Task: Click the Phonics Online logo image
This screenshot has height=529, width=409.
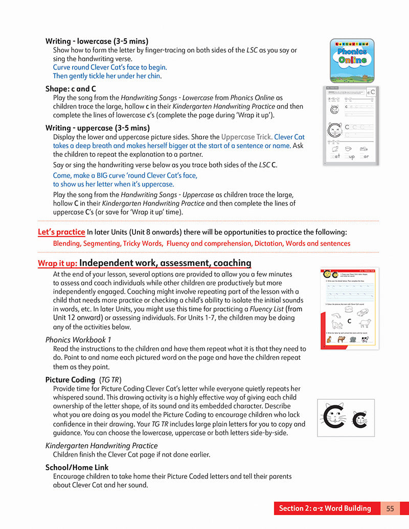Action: (x=352, y=61)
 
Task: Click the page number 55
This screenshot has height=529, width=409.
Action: (x=390, y=508)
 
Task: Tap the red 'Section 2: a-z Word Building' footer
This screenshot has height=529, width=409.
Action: (x=325, y=508)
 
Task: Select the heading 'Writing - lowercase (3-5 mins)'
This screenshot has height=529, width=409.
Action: (x=97, y=41)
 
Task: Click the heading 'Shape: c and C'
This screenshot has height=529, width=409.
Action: (x=71, y=88)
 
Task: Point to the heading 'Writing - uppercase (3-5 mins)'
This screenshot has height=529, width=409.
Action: (x=97, y=128)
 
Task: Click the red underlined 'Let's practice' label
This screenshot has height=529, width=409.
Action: (x=61, y=232)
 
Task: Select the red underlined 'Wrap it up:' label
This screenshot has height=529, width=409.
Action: (x=58, y=264)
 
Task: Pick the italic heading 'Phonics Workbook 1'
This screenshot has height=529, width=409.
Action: (x=78, y=339)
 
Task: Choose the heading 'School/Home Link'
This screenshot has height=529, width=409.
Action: (x=77, y=467)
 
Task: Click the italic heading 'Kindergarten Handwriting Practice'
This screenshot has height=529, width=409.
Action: (x=101, y=446)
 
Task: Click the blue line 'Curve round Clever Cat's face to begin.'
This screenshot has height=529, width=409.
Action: (x=110, y=67)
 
